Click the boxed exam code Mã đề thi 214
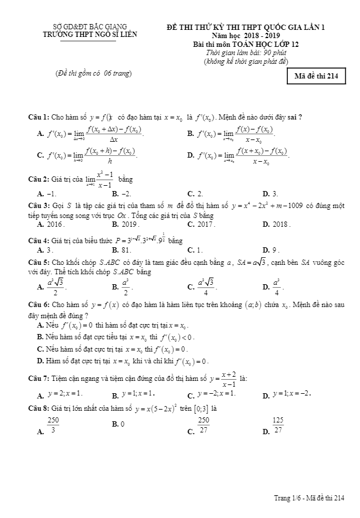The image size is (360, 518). (x=317, y=77)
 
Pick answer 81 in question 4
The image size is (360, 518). (x=126, y=250)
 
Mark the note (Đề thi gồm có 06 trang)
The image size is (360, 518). (x=93, y=73)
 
